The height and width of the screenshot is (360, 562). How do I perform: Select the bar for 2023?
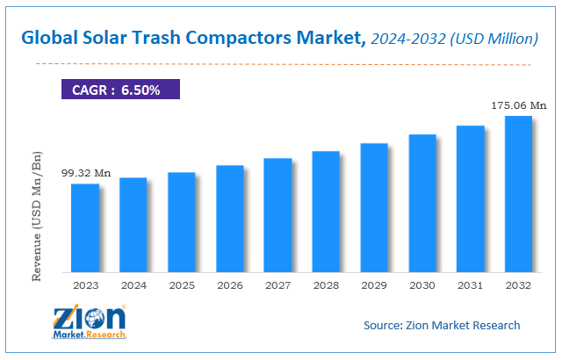[x=85, y=228]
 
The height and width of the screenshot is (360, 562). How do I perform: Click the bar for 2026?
[x=229, y=219]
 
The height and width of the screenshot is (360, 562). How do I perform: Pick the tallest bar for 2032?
[x=518, y=194]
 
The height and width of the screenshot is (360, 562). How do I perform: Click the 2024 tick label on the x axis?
[x=133, y=285]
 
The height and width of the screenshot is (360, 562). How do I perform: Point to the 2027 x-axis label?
[x=277, y=285]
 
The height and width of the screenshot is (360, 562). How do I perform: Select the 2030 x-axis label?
[x=422, y=285]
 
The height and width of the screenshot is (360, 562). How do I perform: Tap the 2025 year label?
[x=182, y=285]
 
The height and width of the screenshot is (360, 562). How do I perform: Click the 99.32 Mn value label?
[x=84, y=173]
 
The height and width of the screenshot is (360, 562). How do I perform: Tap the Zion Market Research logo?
[x=87, y=322]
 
